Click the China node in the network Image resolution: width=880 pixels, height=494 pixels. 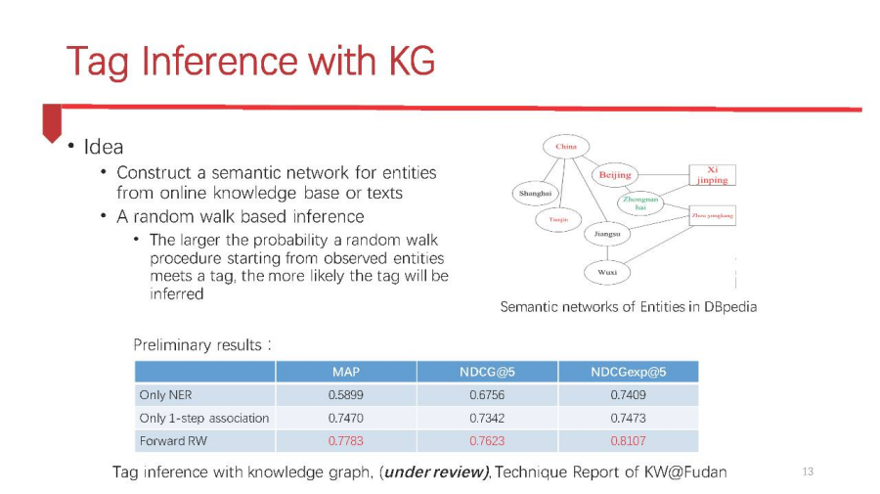tap(566, 147)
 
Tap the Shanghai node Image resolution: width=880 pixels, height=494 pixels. tap(536, 194)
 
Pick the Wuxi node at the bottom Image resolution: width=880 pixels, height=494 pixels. tap(606, 272)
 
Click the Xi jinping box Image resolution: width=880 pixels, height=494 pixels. tap(712, 175)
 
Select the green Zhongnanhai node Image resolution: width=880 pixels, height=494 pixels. tap(640, 202)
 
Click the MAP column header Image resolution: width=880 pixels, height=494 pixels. tap(346, 372)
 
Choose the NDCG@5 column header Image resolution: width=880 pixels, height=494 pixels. tap(487, 372)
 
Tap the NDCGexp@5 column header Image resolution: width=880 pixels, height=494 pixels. tap(628, 372)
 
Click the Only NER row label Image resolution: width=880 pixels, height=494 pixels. tap(159, 395)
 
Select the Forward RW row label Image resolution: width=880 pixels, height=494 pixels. tap(173, 441)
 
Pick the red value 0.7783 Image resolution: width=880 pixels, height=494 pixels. tap(346, 441)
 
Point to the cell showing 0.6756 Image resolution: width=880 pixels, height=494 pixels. tap(487, 395)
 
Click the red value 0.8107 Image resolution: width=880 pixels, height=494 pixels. tap(628, 441)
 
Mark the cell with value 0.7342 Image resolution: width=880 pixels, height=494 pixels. tap(487, 418)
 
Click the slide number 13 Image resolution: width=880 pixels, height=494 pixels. tap(807, 472)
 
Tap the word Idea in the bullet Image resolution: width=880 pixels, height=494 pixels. tap(104, 148)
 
